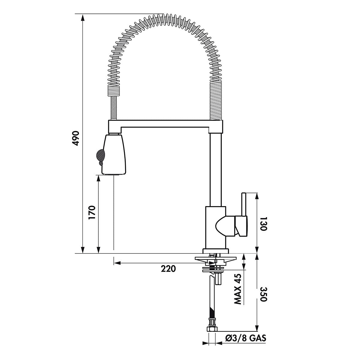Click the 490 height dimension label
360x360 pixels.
point(76,138)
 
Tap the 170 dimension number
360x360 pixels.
point(92,213)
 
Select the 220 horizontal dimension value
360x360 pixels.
point(169,269)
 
